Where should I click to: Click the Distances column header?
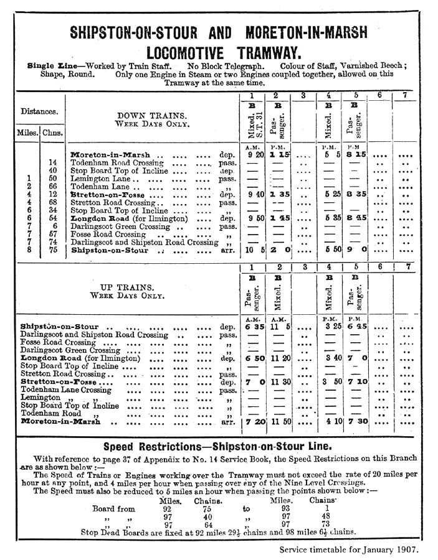[39, 113]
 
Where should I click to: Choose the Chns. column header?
[52, 133]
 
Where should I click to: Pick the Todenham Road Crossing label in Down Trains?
[118, 162]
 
